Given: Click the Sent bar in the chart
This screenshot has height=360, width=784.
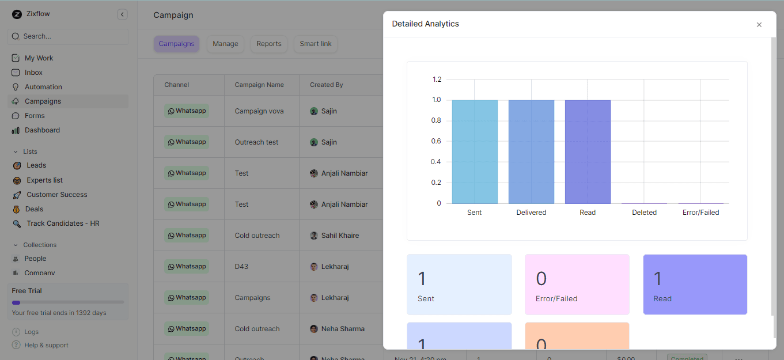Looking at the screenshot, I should click(x=475, y=151).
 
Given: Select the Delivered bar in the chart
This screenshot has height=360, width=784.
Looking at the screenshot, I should click(x=531, y=151).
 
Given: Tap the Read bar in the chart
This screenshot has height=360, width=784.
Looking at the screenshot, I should click(x=588, y=151).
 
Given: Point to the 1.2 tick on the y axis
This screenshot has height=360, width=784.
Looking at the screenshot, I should click(x=437, y=79).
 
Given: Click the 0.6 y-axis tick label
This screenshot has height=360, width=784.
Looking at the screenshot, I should click(x=437, y=141).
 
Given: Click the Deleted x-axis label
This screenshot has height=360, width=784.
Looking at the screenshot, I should click(x=644, y=213).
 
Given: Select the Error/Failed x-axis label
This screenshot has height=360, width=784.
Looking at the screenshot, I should click(x=700, y=213).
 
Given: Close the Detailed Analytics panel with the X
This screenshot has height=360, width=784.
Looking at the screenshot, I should click(x=759, y=25).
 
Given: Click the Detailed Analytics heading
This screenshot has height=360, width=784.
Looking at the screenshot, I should click(x=425, y=24).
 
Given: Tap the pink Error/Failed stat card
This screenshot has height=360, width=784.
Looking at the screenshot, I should click(x=577, y=285).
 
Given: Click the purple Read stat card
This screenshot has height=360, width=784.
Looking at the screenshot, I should click(x=695, y=285).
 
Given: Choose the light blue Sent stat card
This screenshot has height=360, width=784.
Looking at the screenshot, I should click(x=459, y=285).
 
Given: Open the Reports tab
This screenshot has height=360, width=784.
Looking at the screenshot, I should click(x=269, y=44).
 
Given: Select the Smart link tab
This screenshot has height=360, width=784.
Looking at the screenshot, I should click(x=316, y=44).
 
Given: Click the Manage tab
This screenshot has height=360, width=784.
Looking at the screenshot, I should click(x=225, y=44).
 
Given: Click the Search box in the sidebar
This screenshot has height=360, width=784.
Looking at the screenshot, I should click(x=68, y=36).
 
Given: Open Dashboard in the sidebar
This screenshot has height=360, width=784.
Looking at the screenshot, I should click(x=42, y=130).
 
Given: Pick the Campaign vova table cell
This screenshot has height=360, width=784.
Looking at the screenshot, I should click(x=259, y=111).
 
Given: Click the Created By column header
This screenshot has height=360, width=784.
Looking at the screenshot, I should click(x=327, y=85).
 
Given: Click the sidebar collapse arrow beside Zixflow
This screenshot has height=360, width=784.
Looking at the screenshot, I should click(x=122, y=14).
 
